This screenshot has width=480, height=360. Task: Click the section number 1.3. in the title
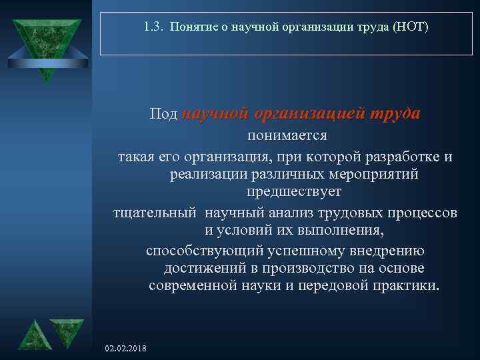(x=154, y=27)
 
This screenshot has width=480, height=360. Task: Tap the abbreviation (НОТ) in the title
(x=413, y=27)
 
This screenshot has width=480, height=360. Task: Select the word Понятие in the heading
(x=191, y=27)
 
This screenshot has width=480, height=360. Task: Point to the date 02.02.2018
(x=127, y=349)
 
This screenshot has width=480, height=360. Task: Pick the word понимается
(x=287, y=135)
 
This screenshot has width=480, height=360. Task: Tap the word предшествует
(x=294, y=192)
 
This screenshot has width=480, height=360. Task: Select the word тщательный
(x=155, y=213)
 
